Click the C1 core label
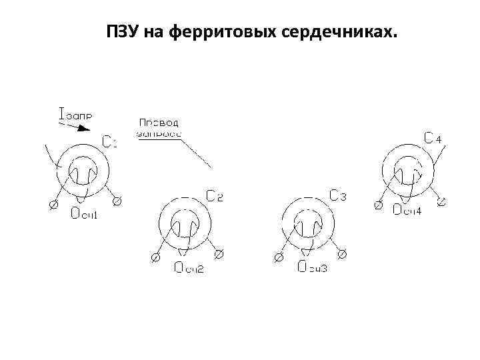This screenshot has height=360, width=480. pos(110,141)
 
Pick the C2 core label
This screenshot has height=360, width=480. pos(215,195)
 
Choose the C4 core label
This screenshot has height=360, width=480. pos(433,139)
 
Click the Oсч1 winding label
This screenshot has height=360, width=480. pos(85,213)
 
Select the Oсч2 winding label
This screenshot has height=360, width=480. pos(189,268)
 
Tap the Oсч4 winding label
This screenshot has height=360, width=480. pos(407,210)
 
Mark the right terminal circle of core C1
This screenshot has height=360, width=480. pos(117,201)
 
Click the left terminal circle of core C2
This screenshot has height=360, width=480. pos(156,256)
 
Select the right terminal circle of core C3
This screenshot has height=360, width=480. pos(343,255)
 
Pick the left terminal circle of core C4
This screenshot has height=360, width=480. pos(378,206)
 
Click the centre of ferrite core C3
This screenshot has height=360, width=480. pos(308,226)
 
